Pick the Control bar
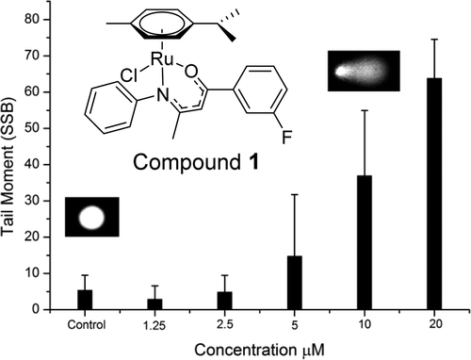85,300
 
